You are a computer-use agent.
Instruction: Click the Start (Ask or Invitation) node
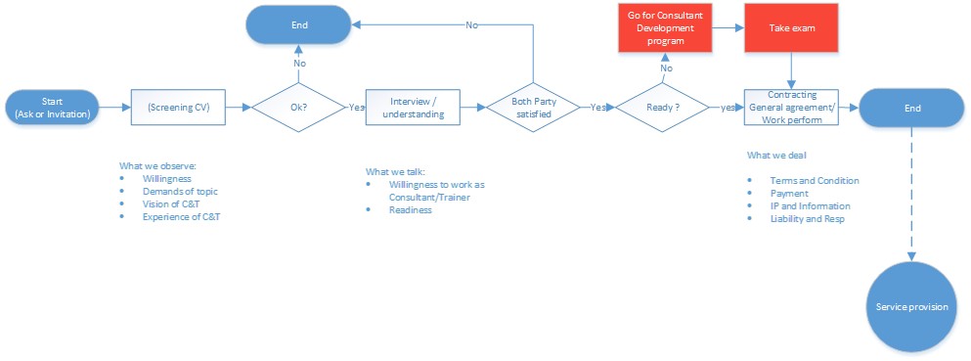tap(52, 107)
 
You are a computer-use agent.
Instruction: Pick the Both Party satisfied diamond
tap(533, 107)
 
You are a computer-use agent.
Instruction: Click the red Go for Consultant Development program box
tap(664, 26)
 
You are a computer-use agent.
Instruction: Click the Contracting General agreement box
tap(791, 107)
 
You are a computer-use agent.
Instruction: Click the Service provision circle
tap(911, 307)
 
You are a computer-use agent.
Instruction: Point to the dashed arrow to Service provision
tap(911, 196)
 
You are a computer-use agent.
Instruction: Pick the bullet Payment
tap(789, 194)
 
